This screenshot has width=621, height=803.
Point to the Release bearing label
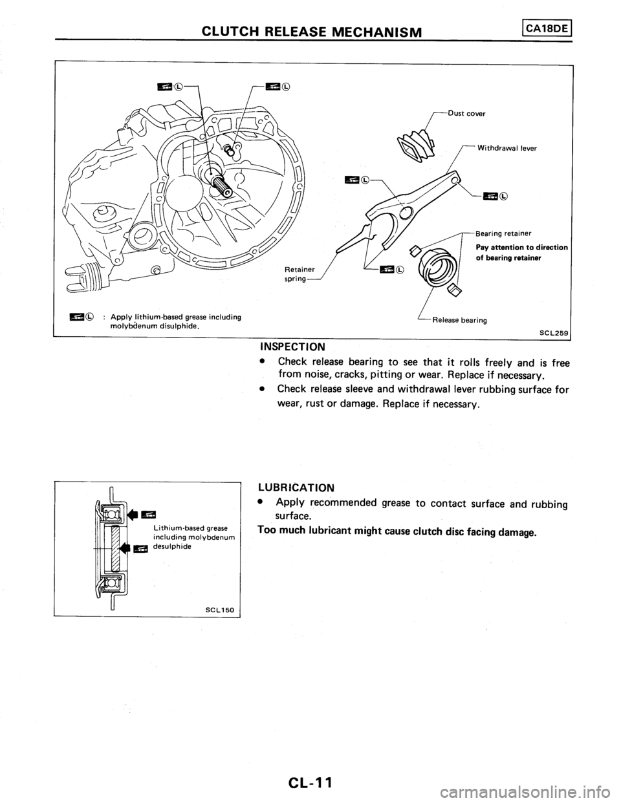[x=461, y=319]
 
